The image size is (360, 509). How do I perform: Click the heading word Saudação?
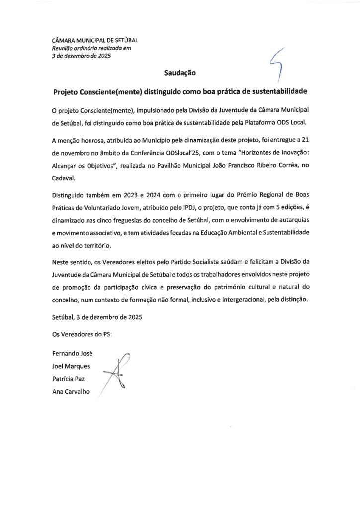(x=180, y=73)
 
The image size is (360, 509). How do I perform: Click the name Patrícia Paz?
(x=70, y=379)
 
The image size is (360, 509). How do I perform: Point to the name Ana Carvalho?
(x=71, y=392)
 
